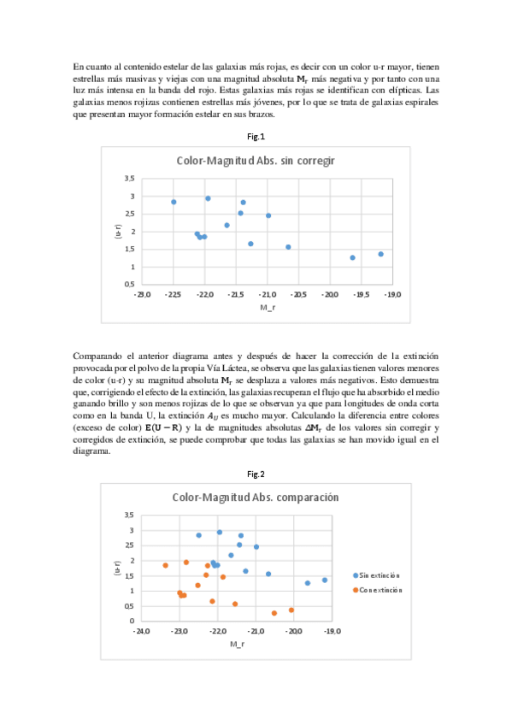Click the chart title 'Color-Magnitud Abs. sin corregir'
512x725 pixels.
(256, 160)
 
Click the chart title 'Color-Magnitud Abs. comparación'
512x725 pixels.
(256, 497)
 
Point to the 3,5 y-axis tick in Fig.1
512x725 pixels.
(130, 178)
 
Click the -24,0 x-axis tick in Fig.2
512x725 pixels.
(142, 632)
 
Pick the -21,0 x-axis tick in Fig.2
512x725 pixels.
(256, 632)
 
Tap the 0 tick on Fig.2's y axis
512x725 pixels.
(132, 621)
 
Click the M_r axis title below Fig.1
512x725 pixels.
(267, 306)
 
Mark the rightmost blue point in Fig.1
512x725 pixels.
(380, 254)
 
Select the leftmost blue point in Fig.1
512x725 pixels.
(174, 202)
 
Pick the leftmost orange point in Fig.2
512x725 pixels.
(166, 565)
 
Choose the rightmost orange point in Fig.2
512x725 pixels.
(291, 610)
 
